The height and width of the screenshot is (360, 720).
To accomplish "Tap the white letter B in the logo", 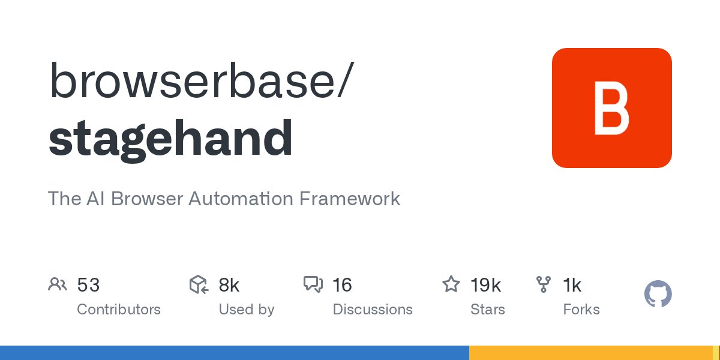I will (x=611, y=108).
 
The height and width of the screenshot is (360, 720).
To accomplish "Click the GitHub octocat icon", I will (x=658, y=295).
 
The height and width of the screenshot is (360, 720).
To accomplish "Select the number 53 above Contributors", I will (x=88, y=285).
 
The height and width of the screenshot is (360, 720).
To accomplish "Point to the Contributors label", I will (x=119, y=310).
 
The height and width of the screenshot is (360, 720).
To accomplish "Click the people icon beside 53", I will (x=57, y=284).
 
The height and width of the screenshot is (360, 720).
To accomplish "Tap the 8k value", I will (x=229, y=285).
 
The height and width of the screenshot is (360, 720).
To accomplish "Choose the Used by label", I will (x=246, y=310).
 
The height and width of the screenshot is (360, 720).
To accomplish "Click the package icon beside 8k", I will (x=198, y=284).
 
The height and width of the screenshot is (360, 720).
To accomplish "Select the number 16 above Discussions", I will (x=342, y=285).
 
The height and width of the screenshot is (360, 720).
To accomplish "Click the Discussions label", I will (x=373, y=310).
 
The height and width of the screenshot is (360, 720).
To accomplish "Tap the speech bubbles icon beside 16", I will (x=313, y=284).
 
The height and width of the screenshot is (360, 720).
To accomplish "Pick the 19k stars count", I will (x=485, y=285).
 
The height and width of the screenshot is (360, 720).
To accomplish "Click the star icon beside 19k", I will (x=451, y=284).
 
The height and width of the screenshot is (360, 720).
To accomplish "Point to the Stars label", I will (x=488, y=310).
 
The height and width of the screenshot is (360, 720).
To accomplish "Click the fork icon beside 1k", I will (x=544, y=284).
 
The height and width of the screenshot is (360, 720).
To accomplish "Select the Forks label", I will (x=581, y=310).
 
